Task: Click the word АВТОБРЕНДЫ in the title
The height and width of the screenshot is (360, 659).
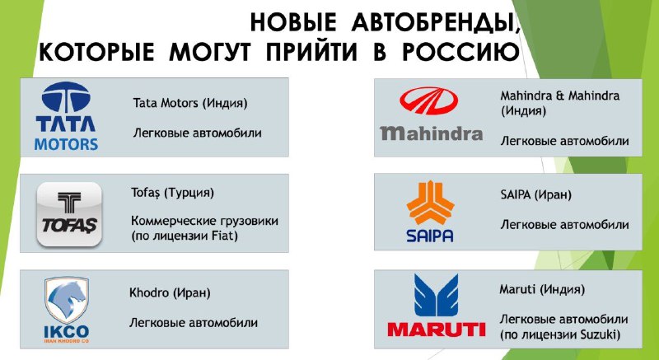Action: click(x=433, y=23)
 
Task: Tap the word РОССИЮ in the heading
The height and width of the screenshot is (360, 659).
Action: click(x=460, y=53)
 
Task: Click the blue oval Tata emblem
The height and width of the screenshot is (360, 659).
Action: click(x=66, y=97)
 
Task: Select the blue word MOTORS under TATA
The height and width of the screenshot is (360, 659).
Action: click(x=66, y=144)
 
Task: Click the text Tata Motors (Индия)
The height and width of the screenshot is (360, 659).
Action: click(x=190, y=103)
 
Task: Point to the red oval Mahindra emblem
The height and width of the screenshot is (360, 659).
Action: click(x=428, y=101)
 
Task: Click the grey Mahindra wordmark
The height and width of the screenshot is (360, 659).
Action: click(x=432, y=133)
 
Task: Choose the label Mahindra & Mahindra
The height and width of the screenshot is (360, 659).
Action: click(x=560, y=96)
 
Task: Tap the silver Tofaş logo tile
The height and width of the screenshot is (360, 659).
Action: click(x=69, y=214)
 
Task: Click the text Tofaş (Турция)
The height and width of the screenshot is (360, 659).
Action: click(x=172, y=194)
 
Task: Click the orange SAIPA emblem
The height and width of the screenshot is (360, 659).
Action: click(x=430, y=203)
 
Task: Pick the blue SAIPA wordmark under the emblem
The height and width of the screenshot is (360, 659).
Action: click(x=430, y=236)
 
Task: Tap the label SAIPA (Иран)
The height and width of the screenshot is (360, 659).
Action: click(x=536, y=195)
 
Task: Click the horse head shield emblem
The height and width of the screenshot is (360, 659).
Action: click(x=67, y=300)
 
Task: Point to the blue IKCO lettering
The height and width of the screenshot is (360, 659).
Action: click(x=67, y=331)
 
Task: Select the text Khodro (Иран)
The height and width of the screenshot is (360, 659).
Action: click(x=170, y=292)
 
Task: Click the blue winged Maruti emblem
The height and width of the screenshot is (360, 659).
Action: click(x=436, y=295)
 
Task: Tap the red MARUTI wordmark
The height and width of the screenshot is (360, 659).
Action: click(x=437, y=329)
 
